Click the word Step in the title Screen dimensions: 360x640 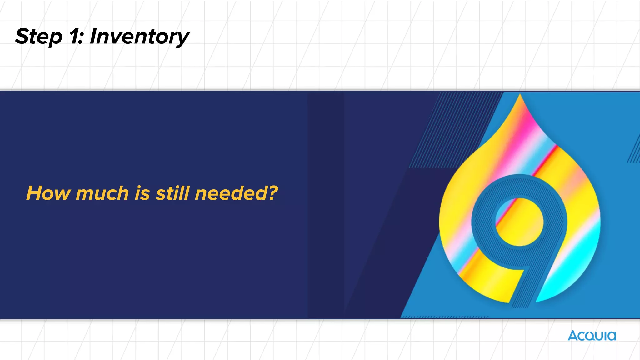[x=39, y=37]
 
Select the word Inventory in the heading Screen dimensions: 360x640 [x=139, y=37]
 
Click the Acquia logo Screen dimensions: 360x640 [x=592, y=336]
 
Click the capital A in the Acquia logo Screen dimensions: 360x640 [x=573, y=336]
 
